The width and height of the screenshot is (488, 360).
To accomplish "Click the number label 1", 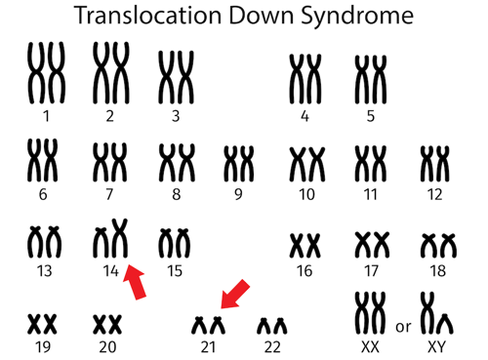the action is pos(45,116).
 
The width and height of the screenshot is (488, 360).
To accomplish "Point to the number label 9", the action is pos(238,193).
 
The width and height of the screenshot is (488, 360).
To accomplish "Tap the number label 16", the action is pos(306,270).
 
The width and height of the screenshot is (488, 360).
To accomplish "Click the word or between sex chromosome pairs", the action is pos(403,327).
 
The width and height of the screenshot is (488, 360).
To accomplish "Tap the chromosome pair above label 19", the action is pos(42,322).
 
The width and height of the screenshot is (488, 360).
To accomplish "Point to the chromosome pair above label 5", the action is pos(371,78).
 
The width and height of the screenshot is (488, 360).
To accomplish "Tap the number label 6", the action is pos(42,193).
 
